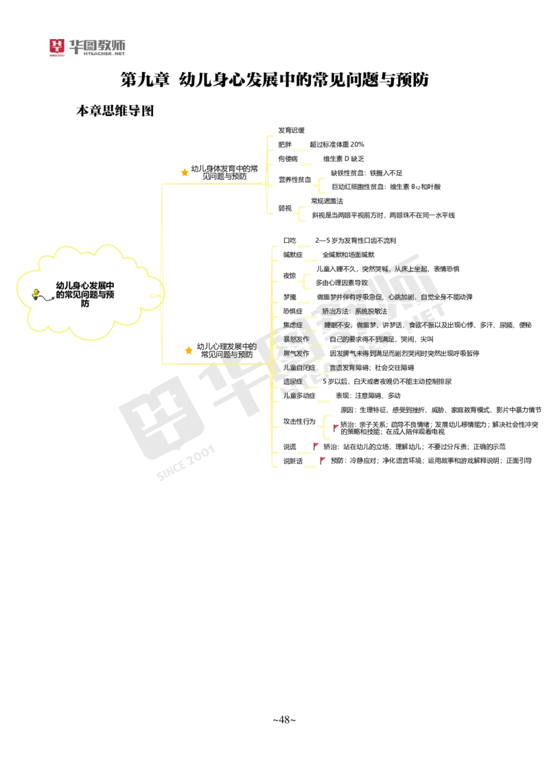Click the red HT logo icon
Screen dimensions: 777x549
pos(57,47)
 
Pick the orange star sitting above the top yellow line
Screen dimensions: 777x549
pos(184,172)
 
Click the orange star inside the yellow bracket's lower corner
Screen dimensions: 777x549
pos(189,350)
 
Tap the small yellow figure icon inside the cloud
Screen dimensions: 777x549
pos(36,294)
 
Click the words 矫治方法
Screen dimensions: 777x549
pos(335,311)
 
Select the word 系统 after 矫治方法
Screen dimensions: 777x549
pos(362,311)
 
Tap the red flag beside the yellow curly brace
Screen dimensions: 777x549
pos(337,427)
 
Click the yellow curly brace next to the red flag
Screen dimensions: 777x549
pos(323,426)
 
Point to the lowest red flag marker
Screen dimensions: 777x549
pos(322,459)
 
